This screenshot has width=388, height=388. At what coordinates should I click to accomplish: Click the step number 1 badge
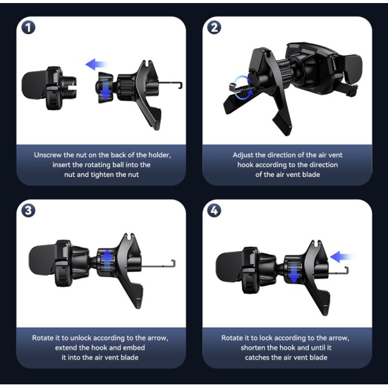click(28, 27)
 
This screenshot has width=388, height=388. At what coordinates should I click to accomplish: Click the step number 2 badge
click(214, 27)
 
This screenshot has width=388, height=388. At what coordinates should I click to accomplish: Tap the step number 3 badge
click(28, 210)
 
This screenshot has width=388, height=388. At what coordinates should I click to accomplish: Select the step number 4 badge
click(214, 210)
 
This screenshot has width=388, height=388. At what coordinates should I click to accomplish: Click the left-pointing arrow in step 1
click(97, 64)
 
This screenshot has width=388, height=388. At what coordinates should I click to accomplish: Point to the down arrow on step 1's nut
click(106, 89)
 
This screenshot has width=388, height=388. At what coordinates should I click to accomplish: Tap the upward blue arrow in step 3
click(108, 260)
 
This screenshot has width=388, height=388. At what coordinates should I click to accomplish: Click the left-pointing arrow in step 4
click(342, 257)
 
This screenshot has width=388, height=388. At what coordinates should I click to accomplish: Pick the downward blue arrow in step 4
click(294, 272)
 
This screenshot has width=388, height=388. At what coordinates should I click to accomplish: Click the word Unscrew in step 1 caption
click(48, 155)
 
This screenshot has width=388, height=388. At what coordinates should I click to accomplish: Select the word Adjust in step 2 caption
click(243, 156)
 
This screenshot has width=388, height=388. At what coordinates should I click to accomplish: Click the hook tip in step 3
click(174, 263)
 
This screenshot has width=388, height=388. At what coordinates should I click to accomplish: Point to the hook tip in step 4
click(347, 270)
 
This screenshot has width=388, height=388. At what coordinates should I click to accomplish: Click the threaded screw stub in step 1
click(71, 87)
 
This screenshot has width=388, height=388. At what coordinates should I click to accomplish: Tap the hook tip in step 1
click(181, 86)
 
